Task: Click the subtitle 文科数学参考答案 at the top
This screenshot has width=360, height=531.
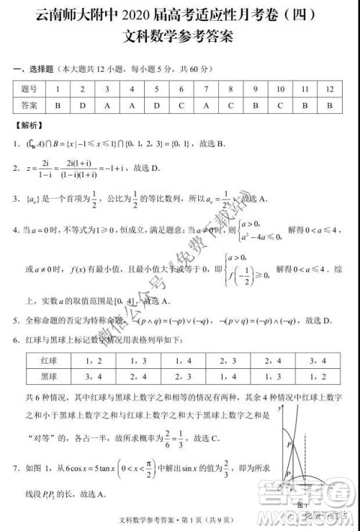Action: (180, 37)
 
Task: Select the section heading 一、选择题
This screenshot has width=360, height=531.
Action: (34, 69)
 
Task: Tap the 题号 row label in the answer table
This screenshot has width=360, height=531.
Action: (30, 89)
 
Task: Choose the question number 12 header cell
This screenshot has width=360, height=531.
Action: (330, 89)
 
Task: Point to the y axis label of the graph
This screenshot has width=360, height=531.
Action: (279, 409)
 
